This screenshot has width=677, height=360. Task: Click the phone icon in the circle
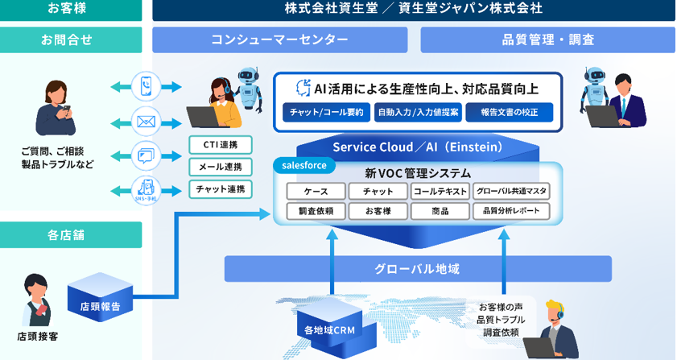pyautogui.click(x=146, y=85)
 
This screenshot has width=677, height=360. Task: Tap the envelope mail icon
pyautogui.click(x=146, y=122)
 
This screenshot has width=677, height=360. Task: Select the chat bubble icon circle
pyautogui.click(x=146, y=154)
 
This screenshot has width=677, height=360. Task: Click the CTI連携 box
pyautogui.click(x=220, y=145)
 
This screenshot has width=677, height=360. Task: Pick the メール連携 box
pyautogui.click(x=220, y=167)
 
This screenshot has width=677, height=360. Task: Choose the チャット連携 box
pyautogui.click(x=220, y=189)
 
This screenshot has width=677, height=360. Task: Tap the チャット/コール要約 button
pyautogui.click(x=327, y=112)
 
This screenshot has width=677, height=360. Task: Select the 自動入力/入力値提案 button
pyautogui.click(x=417, y=112)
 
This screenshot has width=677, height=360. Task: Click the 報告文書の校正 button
pyautogui.click(x=509, y=112)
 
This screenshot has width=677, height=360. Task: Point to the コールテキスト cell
pyautogui.click(x=440, y=191)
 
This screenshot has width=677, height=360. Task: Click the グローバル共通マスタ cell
pyautogui.click(x=511, y=191)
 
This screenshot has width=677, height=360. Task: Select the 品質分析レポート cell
pyautogui.click(x=511, y=211)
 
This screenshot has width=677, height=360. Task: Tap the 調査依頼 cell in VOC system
pyautogui.click(x=315, y=211)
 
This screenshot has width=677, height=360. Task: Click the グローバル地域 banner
pyautogui.click(x=417, y=268)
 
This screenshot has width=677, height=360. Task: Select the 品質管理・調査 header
pyautogui.click(x=547, y=39)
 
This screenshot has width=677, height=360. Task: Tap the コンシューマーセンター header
pyautogui.click(x=279, y=39)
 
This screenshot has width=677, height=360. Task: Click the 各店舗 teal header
pyautogui.click(x=71, y=235)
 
